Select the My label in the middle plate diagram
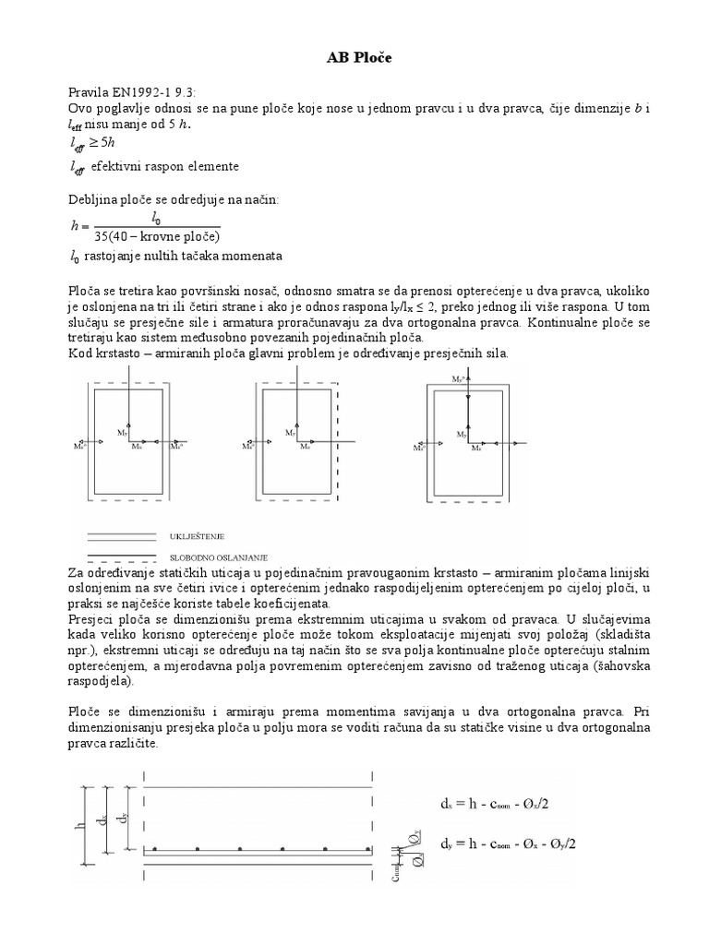click(290, 432)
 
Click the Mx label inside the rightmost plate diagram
click(476, 449)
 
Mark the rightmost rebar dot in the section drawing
click(367, 847)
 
